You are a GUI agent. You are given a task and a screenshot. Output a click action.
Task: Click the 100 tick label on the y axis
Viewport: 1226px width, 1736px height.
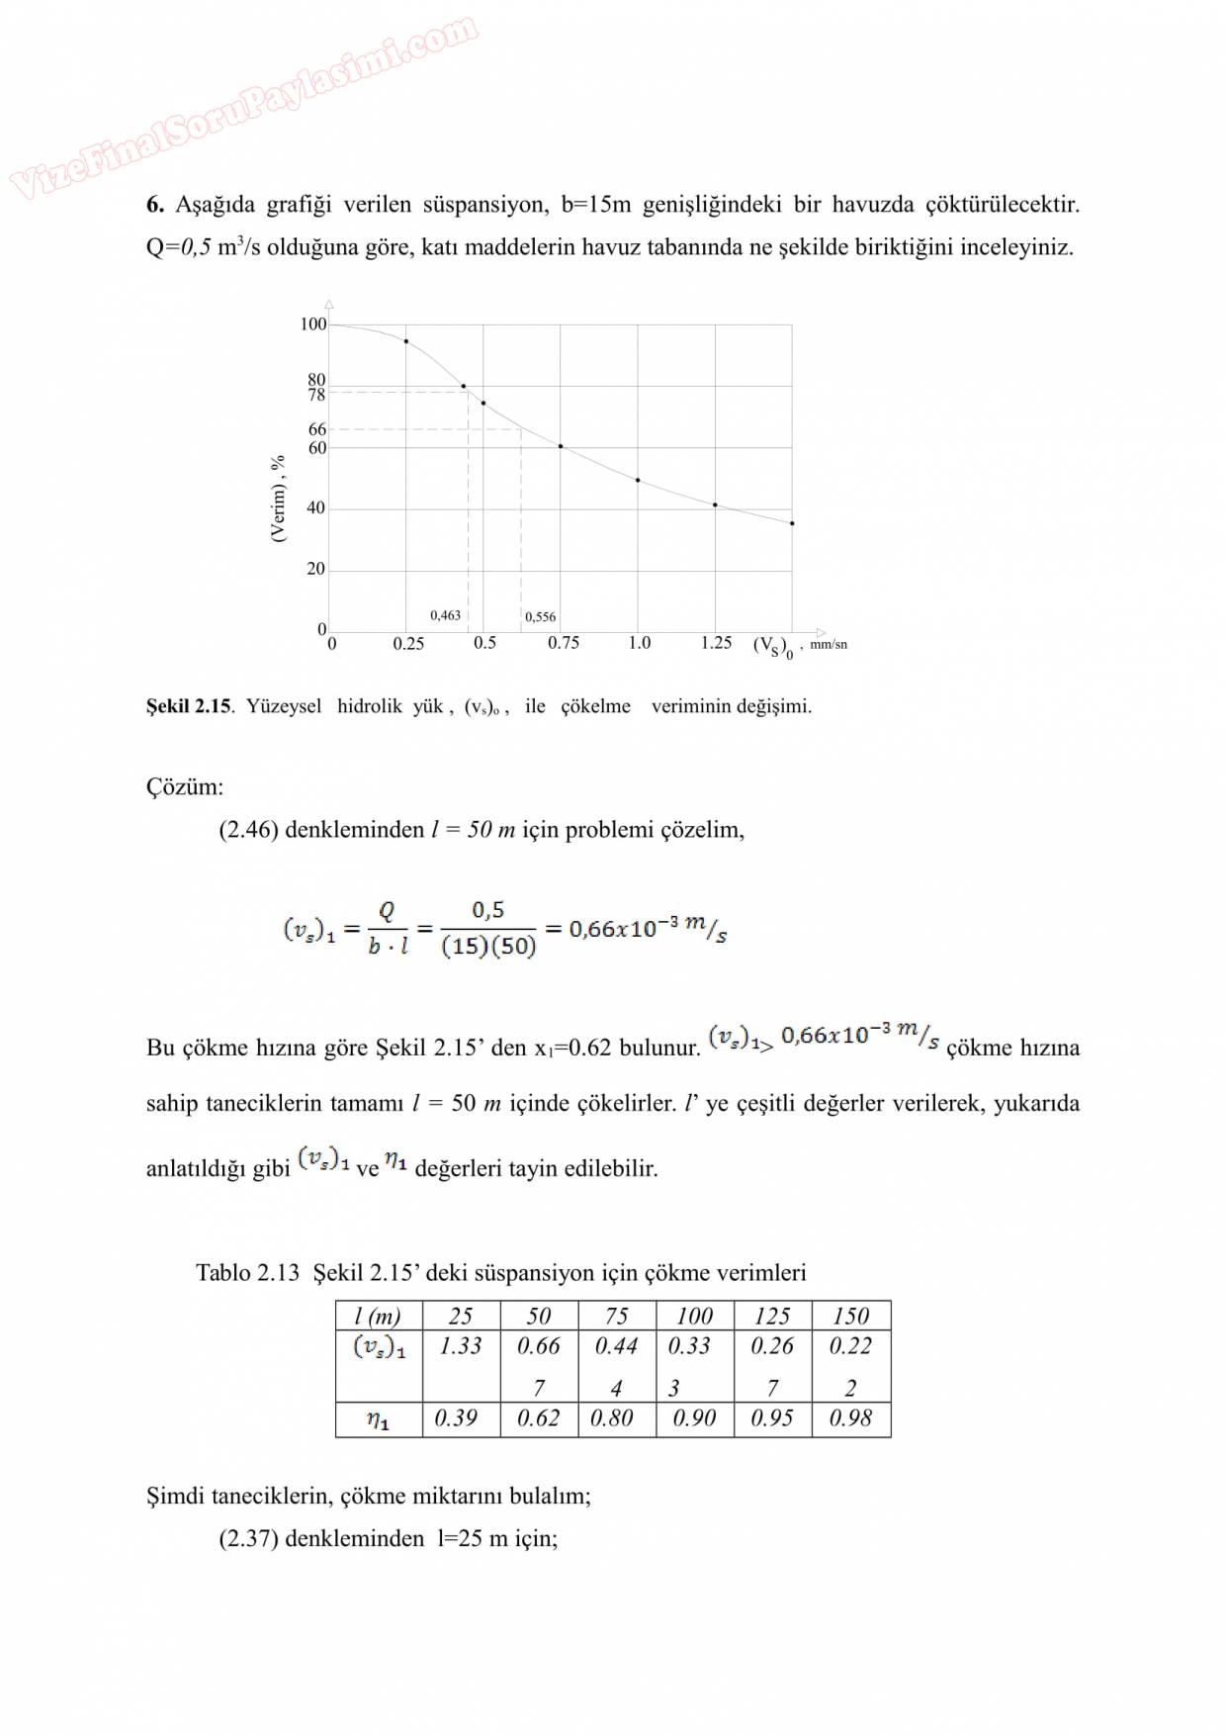pos(312,324)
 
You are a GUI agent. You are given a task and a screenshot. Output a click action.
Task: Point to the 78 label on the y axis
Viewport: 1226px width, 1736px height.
pos(316,396)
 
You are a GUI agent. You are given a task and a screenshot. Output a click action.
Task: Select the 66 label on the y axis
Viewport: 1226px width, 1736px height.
pos(316,429)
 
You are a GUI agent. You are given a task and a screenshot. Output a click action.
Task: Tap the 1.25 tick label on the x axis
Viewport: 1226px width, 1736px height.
pos(716,643)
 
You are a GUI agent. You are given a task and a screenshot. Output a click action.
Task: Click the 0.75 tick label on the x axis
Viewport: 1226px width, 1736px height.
pos(564,643)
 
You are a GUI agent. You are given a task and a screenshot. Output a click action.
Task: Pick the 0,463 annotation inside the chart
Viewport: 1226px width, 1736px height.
pos(445,615)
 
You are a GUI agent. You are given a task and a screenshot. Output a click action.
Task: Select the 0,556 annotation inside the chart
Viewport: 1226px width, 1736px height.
pos(540,616)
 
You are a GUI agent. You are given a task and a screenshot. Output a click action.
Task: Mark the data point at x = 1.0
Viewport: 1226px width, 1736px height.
pos(638,481)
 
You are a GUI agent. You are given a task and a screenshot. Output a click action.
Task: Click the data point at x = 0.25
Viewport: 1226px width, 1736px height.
pos(406,341)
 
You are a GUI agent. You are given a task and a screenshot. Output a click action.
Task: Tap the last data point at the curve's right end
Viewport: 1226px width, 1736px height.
pos(792,523)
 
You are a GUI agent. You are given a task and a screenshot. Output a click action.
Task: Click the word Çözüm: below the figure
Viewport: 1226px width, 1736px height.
pos(185,787)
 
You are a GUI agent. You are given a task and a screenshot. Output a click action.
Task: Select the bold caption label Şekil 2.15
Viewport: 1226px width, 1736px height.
pos(189,706)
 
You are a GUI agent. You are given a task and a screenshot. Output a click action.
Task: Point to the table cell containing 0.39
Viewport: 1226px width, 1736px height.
pos(456,1418)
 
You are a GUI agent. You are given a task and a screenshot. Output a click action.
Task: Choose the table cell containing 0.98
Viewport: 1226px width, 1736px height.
pos(850,1418)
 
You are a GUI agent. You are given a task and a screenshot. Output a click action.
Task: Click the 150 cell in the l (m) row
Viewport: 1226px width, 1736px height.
pos(850,1317)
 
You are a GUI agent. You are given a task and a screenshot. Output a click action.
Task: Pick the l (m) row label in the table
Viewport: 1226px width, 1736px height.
pos(377,1317)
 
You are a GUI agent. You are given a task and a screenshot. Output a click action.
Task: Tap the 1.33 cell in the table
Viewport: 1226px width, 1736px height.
pos(461,1346)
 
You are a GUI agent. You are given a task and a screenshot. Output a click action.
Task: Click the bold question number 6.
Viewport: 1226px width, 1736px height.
pos(154,205)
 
